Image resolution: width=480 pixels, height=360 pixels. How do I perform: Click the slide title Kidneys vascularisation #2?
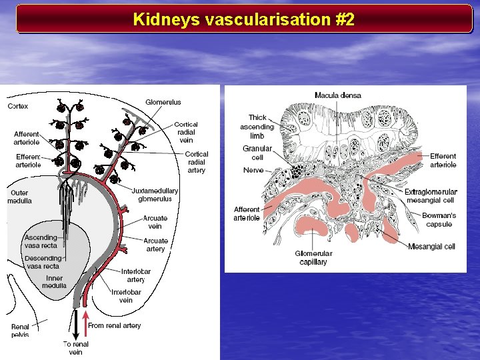[243, 19]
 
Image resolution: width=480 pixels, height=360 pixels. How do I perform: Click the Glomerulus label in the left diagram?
[163, 102]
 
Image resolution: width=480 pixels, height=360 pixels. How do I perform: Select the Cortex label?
[18, 106]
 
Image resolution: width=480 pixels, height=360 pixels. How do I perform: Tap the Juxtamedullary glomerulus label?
[155, 194]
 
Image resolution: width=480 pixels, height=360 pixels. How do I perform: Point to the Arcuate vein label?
[155, 222]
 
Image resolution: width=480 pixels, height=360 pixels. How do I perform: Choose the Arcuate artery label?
[155, 245]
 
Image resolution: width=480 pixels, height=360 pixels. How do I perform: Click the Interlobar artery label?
[136, 275]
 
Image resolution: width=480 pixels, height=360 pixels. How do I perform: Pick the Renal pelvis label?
[21, 331]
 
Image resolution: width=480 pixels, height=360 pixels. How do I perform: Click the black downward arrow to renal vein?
[75, 325]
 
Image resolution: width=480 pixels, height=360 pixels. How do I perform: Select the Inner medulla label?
[55, 281]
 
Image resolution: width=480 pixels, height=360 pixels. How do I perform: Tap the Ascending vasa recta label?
[41, 241]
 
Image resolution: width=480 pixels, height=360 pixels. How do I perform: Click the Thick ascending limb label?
[257, 127]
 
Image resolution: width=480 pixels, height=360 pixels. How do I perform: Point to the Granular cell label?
[257, 153]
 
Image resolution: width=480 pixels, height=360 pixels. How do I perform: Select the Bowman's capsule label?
[439, 219]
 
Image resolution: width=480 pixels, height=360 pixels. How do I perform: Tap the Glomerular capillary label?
[313, 257]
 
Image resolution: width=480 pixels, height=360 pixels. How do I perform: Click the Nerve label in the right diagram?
[253, 170]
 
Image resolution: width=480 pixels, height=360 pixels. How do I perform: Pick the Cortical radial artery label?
[196, 162]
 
